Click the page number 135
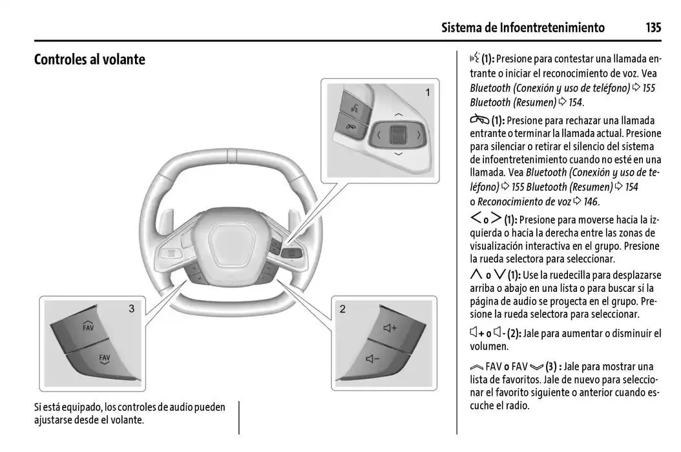click(653, 27)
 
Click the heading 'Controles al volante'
click(89, 60)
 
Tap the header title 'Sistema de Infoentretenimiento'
click(523, 27)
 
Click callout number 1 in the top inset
click(427, 93)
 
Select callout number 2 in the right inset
click(342, 309)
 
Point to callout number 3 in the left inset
click(131, 309)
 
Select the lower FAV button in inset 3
click(103, 358)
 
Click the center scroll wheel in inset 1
click(398, 135)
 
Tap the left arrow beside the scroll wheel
click(379, 135)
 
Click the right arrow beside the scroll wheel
click(419, 135)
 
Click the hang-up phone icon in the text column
click(479, 120)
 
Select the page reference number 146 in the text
click(591, 201)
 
